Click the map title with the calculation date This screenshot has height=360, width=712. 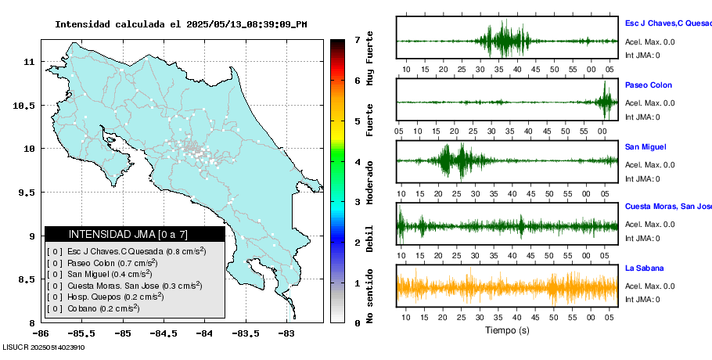click(181, 24)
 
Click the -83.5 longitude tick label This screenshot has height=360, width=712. click(244, 332)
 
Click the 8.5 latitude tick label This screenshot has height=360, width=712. click(26, 279)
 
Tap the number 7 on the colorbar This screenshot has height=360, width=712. click(357, 39)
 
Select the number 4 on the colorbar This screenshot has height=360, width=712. click(357, 162)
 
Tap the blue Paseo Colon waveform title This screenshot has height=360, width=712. click(649, 85)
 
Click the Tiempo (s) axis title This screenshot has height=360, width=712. click(507, 330)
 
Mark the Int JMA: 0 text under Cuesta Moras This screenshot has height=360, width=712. click(642, 238)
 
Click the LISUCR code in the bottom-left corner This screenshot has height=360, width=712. click(43, 347)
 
